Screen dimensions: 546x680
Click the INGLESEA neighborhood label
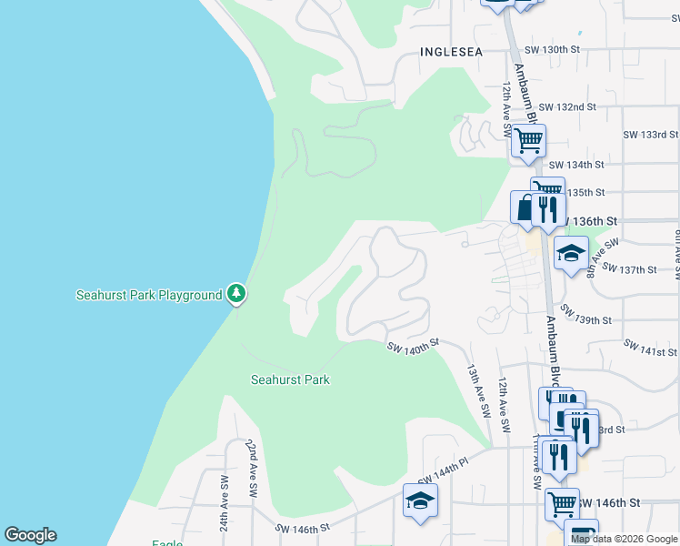coord(451,53)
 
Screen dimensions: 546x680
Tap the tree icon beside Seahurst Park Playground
coord(236,293)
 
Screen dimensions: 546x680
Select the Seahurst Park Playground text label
coord(148,295)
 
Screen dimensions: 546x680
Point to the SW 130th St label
coord(552,49)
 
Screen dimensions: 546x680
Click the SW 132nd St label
coord(566,106)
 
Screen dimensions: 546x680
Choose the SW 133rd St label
coord(650,135)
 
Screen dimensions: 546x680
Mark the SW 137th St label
coord(628,269)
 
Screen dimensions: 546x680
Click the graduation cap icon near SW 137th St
coord(571,253)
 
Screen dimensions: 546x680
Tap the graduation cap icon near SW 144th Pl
coord(420,500)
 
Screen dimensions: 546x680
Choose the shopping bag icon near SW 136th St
coord(525,207)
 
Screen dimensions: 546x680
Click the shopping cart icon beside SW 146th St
coord(562,502)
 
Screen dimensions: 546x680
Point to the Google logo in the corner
coord(30,535)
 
